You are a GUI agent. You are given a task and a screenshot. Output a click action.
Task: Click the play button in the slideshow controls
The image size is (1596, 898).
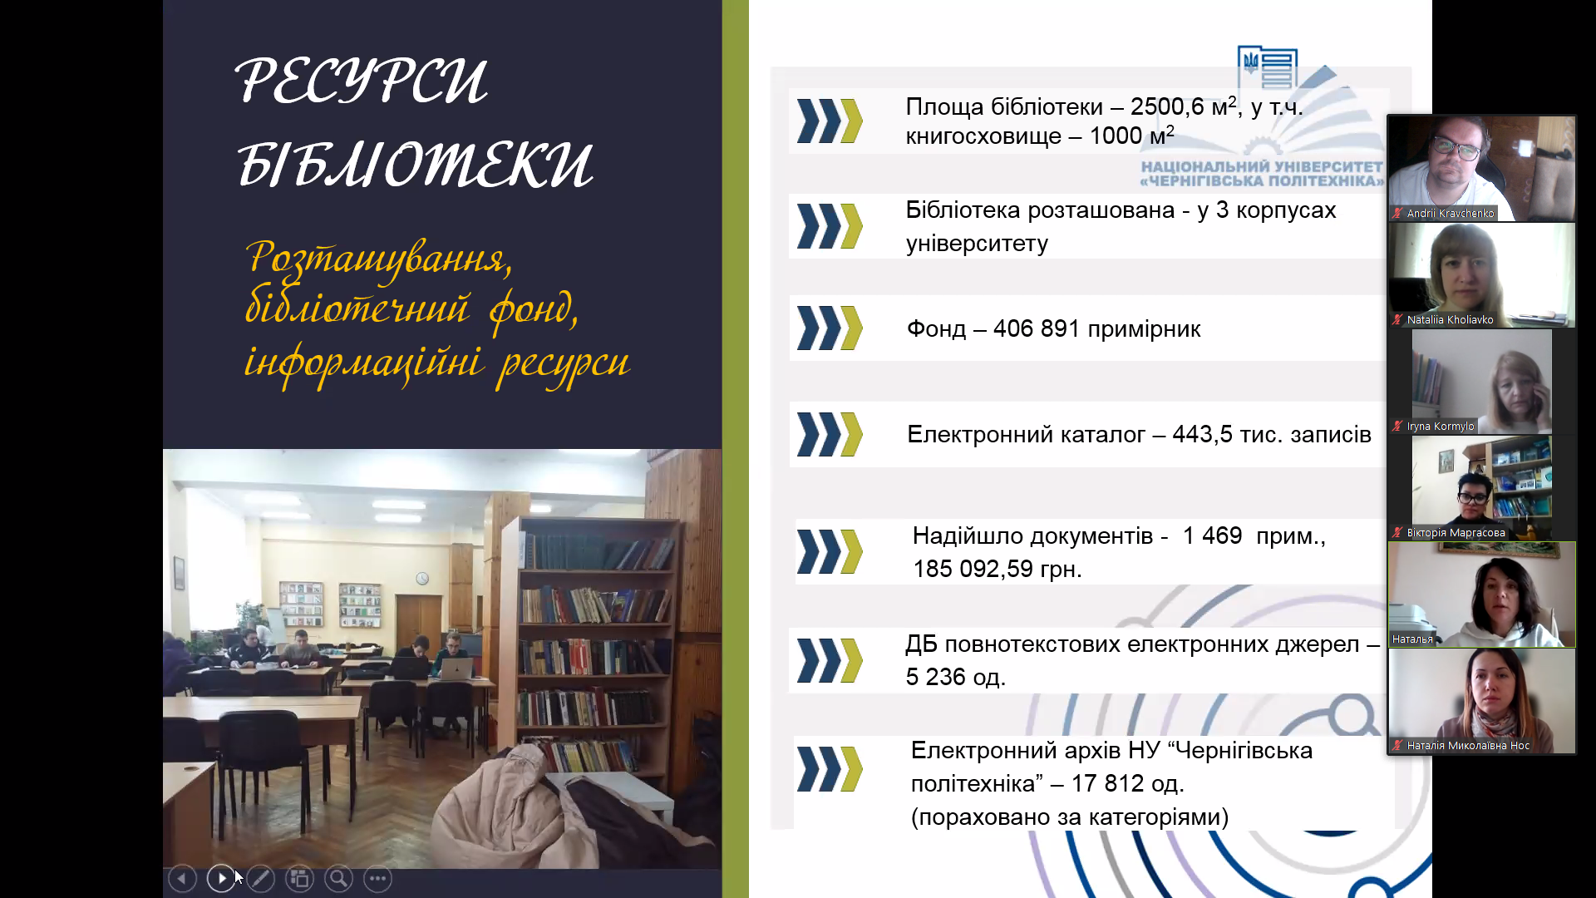click(221, 878)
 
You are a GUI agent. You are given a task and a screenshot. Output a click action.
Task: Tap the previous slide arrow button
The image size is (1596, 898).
click(182, 878)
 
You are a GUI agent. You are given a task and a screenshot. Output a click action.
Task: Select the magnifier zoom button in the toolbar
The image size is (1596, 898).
click(338, 878)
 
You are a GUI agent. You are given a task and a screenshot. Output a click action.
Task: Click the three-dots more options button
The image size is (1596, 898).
click(377, 878)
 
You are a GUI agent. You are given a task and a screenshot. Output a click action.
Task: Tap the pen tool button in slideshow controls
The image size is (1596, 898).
click(260, 878)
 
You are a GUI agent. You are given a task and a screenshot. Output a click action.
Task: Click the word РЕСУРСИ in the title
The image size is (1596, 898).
click(362, 81)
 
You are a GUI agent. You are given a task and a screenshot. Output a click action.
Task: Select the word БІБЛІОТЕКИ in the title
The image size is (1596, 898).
click(415, 163)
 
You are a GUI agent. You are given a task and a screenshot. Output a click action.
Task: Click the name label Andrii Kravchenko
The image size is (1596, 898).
click(1450, 213)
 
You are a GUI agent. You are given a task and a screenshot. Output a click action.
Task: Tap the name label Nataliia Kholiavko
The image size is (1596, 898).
click(1450, 319)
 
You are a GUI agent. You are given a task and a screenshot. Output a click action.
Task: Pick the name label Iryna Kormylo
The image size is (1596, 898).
click(1440, 426)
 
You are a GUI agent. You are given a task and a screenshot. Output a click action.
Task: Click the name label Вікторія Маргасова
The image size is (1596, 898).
click(1456, 532)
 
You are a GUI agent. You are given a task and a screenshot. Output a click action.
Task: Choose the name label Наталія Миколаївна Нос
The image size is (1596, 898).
click(1468, 745)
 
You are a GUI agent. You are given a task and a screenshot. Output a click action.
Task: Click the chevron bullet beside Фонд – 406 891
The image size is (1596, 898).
click(830, 328)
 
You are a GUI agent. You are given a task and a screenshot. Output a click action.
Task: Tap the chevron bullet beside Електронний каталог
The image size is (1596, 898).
click(830, 434)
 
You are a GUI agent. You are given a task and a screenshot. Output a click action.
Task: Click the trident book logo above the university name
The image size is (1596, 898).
click(1267, 67)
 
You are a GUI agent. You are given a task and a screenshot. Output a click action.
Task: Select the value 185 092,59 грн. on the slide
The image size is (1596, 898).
click(997, 569)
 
